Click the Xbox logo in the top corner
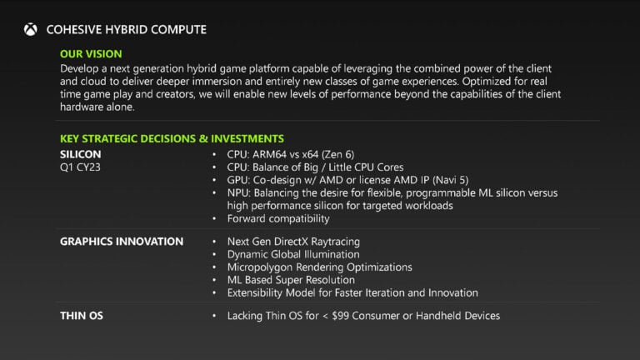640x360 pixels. pos(31,30)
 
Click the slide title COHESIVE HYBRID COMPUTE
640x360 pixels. pos(127,30)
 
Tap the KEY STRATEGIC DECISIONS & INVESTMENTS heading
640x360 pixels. pos(172,138)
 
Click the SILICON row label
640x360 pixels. pos(81,155)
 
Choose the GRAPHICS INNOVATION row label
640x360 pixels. pos(122,242)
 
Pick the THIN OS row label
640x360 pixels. pos(82,316)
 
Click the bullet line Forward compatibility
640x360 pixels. pos(278,218)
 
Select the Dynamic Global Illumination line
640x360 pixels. pos(293,254)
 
